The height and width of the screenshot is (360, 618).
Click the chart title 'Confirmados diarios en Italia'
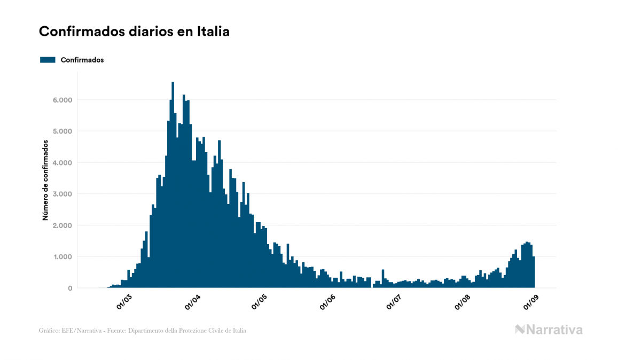click(134, 32)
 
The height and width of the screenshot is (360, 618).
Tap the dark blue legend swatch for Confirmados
click(48, 60)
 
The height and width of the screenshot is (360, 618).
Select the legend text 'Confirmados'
click(82, 60)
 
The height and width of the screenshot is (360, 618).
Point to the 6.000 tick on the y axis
click(61, 100)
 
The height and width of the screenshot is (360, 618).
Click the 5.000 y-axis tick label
click(61, 131)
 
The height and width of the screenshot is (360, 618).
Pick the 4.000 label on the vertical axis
click(61, 163)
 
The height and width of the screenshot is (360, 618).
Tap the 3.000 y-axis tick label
click(61, 194)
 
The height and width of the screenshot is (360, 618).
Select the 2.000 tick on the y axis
click(61, 225)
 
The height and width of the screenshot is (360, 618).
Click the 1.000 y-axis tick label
click(61, 257)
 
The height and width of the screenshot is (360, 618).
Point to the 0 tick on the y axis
click(70, 288)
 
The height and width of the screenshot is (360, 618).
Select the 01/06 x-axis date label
click(327, 302)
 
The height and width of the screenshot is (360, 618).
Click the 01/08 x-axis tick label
click(463, 302)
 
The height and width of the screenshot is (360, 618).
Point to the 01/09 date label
click(530, 302)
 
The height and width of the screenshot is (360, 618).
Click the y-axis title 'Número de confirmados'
click(45, 181)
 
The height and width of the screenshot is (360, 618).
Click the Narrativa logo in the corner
click(549, 330)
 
